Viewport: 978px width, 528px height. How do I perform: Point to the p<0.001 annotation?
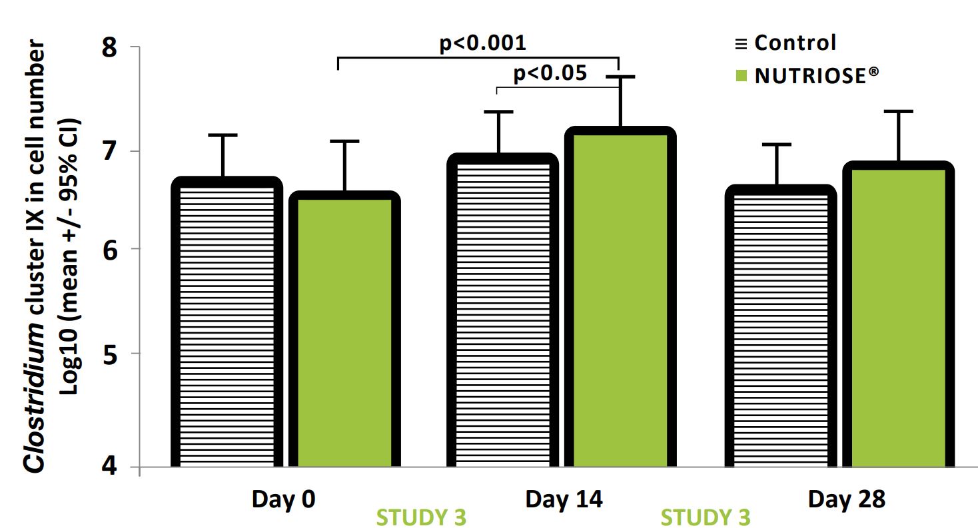click(x=483, y=43)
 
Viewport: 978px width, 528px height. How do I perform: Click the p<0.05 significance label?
click(x=550, y=73)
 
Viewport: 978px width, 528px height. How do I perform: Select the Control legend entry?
click(x=794, y=43)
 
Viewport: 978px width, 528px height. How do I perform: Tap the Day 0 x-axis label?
click(x=283, y=499)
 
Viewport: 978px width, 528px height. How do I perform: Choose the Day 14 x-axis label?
click(x=564, y=499)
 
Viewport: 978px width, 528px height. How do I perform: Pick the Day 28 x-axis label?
click(x=847, y=499)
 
